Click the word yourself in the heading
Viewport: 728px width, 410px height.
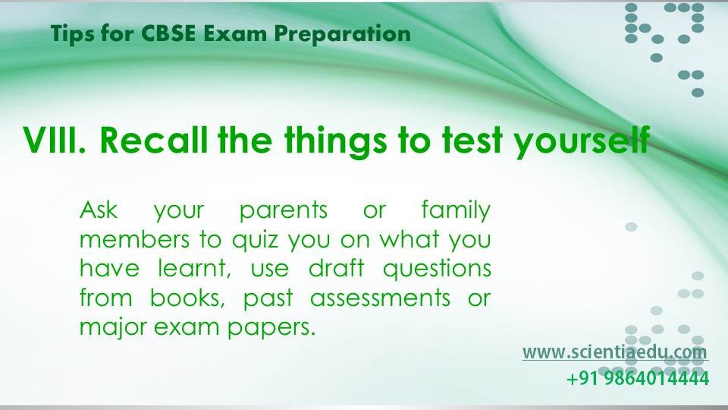point(582,141)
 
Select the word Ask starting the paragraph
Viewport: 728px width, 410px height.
point(99,210)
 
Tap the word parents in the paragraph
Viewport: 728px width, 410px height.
point(283,212)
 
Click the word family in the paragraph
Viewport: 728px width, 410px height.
point(456,210)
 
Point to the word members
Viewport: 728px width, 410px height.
point(135,239)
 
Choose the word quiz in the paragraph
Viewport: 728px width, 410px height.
point(255,241)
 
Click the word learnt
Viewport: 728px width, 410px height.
point(194,269)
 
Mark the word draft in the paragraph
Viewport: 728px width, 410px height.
point(337,268)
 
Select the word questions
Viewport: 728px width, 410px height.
point(437,270)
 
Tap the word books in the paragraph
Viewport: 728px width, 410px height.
point(187,298)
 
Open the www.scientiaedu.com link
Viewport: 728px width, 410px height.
point(615,352)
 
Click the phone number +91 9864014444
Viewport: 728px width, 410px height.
point(638,378)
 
